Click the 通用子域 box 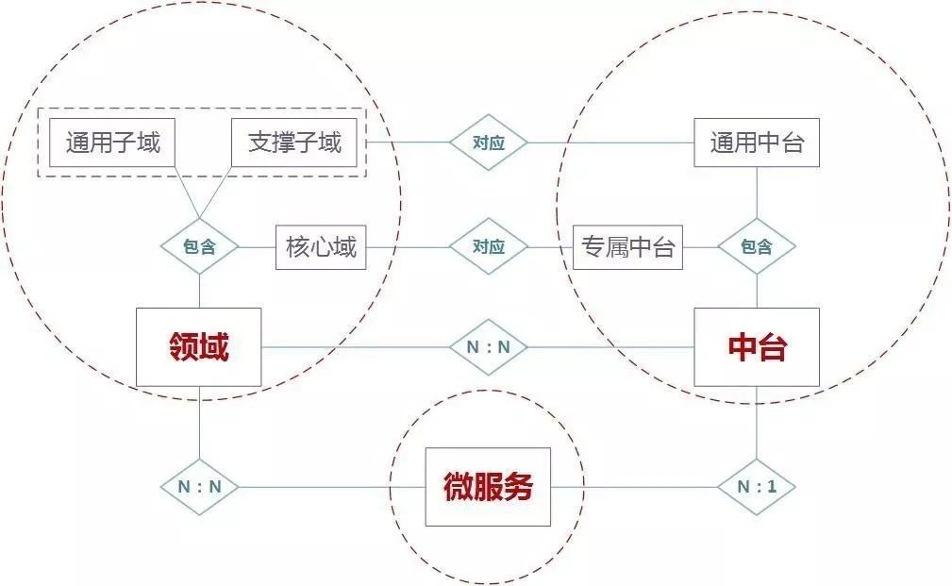pos(112,143)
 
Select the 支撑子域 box pos(294,143)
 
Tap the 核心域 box pos(321,248)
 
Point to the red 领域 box pos(199,347)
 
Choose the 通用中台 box pos(757,143)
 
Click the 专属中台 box pos(627,248)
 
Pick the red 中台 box pos(757,347)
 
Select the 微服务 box pos(488,487)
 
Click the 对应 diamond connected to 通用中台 pos(488,143)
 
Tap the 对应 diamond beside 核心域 pos(488,247)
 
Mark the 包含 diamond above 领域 pos(199,247)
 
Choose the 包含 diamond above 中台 pos(757,247)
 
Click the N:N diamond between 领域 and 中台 pos(488,347)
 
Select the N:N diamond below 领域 pos(199,487)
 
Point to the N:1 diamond pos(757,487)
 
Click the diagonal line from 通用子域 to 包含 pos(187,193)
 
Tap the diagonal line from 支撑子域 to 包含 pos(215,193)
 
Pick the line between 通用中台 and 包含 pos(757,193)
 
